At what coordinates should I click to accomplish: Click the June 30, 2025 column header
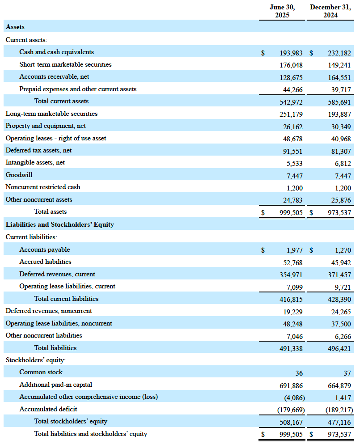(x=282, y=11)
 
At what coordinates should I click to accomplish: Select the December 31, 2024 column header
(x=330, y=11)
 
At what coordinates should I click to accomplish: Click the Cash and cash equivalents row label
(x=56, y=52)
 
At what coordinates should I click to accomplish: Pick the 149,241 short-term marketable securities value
(x=339, y=65)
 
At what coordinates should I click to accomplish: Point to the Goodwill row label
(x=19, y=175)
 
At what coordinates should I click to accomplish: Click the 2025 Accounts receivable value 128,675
(x=291, y=77)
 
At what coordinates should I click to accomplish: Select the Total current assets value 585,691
(x=339, y=102)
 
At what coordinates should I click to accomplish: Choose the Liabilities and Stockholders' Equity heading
(x=59, y=224)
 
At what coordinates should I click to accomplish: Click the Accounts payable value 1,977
(x=295, y=250)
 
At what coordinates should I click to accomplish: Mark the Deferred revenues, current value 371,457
(x=339, y=275)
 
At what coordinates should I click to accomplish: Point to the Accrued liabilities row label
(x=45, y=262)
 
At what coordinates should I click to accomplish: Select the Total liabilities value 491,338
(x=291, y=349)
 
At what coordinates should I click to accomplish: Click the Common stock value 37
(x=347, y=373)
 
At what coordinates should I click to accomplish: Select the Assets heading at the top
(x=15, y=27)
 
